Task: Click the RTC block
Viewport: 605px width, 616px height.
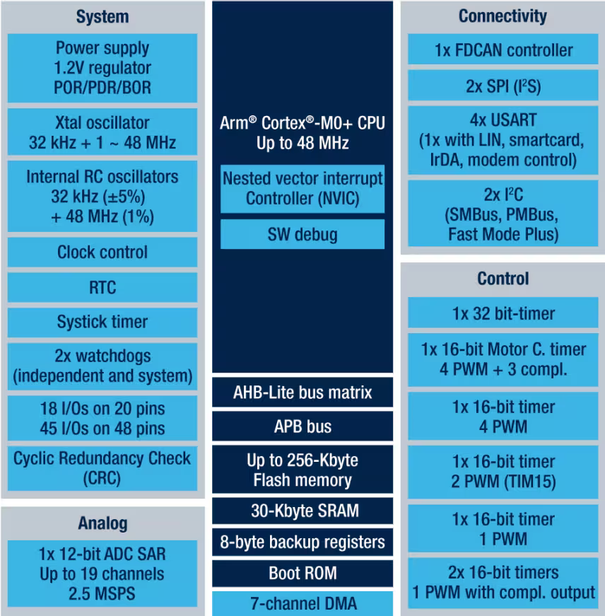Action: pyautogui.click(x=102, y=288)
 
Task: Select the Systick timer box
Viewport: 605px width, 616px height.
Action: pyautogui.click(x=102, y=322)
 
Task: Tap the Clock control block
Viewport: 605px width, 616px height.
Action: pyautogui.click(x=102, y=252)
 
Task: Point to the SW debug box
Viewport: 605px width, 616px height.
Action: pyautogui.click(x=302, y=234)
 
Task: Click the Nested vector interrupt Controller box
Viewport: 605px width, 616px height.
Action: pyautogui.click(x=302, y=189)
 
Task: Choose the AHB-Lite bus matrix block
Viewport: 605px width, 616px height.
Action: pyautogui.click(x=302, y=393)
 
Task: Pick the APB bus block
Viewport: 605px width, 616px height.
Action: pyautogui.click(x=302, y=426)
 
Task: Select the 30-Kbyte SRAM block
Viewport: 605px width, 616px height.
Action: pyautogui.click(x=302, y=511)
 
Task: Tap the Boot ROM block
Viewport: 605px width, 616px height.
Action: pyautogui.click(x=302, y=573)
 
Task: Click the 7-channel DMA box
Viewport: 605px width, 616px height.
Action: pyautogui.click(x=302, y=604)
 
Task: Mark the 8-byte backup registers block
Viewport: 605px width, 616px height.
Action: pyautogui.click(x=302, y=542)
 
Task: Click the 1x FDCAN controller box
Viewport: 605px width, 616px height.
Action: pyautogui.click(x=503, y=50)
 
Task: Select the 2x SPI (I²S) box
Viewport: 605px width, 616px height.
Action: pyautogui.click(x=503, y=86)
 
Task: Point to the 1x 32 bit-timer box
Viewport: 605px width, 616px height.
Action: pyautogui.click(x=503, y=313)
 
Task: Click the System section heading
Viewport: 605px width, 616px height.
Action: pyautogui.click(x=102, y=17)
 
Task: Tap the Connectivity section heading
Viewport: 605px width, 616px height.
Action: pyautogui.click(x=503, y=16)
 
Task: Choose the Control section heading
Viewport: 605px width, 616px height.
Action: pyautogui.click(x=503, y=279)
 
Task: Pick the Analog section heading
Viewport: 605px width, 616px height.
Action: pyautogui.click(x=102, y=523)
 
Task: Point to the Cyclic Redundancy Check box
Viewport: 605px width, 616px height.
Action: pyautogui.click(x=102, y=468)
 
